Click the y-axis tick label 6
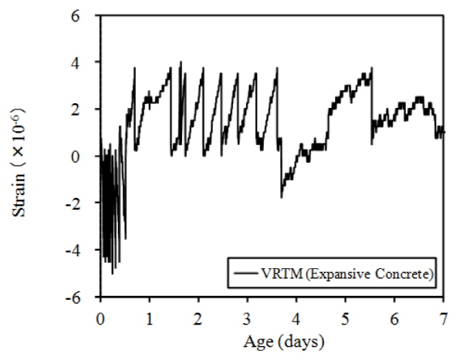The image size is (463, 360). (x=86, y=15)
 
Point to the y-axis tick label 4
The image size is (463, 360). (x=86, y=62)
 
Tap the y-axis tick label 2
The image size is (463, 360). (x=86, y=109)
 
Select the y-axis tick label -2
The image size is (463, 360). (x=83, y=203)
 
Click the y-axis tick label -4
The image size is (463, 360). (x=83, y=251)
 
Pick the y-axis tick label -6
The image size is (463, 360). (x=83, y=298)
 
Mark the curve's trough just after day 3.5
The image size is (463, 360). (x=282, y=197)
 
